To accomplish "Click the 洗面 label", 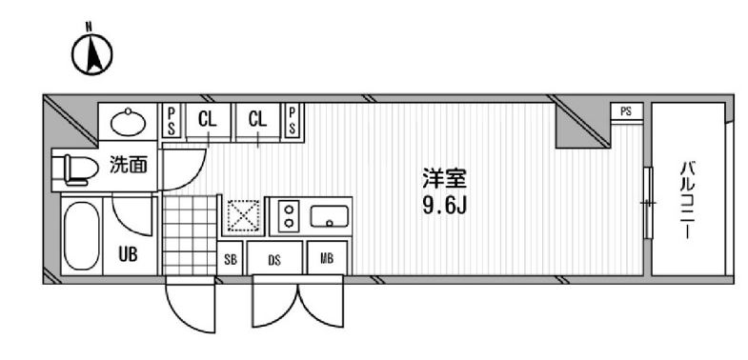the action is tap(130, 166).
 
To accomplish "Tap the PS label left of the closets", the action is tap(172, 120).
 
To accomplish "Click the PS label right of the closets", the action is tap(293, 120).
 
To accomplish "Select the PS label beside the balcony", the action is tap(625, 110).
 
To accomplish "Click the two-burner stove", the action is tap(287, 217).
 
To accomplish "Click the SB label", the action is tap(232, 257).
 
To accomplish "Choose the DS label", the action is tap(273, 257).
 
